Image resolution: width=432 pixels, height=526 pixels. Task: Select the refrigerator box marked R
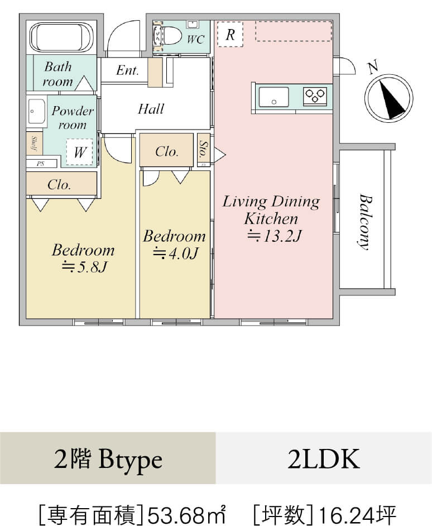point(230,35)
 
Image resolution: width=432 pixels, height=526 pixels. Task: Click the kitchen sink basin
point(273,96)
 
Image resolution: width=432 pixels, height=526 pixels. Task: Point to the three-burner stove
point(315,96)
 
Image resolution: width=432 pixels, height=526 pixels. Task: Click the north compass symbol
point(388,98)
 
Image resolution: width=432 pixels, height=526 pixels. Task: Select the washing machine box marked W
point(80,152)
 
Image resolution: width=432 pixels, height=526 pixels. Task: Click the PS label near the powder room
point(41,164)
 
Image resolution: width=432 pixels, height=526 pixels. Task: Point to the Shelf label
point(34,144)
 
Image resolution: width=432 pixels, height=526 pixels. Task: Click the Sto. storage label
point(203,149)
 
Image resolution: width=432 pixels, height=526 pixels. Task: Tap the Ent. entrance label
point(127,70)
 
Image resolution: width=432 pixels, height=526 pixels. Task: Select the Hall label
point(151,108)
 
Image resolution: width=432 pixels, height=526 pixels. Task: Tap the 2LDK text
point(324,460)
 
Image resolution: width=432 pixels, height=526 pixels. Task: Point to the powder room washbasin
point(36,113)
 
